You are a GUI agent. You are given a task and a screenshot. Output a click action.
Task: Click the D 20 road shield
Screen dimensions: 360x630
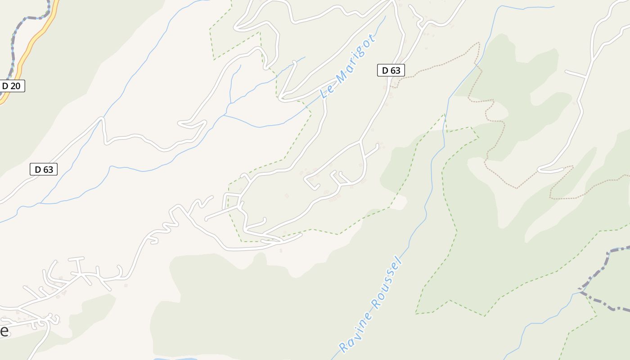12,85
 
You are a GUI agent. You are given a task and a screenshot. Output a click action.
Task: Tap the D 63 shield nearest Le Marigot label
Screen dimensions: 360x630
391,70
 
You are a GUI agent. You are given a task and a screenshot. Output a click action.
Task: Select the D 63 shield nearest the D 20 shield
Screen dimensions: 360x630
44,169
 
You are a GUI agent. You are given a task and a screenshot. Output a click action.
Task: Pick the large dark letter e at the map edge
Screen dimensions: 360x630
4,331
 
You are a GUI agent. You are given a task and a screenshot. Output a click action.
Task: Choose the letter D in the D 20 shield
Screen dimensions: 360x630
6,85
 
